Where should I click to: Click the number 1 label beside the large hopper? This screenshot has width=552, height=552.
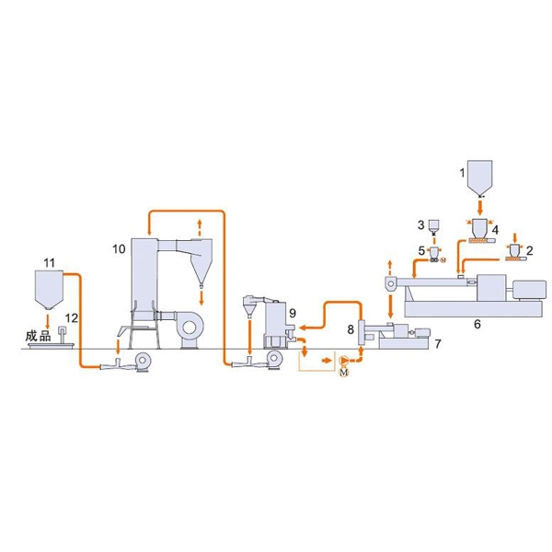coord(462,173)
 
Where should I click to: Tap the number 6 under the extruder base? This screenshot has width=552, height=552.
coord(477,324)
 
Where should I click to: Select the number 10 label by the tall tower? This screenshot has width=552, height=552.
coord(119,249)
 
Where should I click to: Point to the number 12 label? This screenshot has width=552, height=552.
coord(72,318)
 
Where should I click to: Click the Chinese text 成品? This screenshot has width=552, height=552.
coord(38,336)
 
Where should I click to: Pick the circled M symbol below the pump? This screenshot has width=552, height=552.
coord(344,372)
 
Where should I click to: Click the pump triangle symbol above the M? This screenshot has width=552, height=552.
coord(343,361)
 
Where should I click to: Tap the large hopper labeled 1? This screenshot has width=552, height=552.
coord(479,178)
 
